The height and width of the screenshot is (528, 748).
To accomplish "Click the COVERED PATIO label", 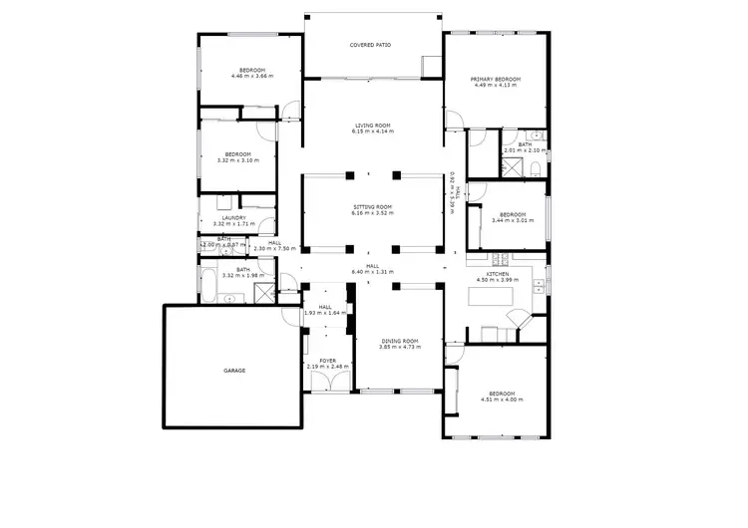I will (370, 46).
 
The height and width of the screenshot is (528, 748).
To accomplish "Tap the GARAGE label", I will (234, 371).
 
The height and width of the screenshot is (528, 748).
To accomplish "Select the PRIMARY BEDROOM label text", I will (495, 79).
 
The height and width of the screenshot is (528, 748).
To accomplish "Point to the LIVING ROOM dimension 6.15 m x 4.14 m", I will (371, 132).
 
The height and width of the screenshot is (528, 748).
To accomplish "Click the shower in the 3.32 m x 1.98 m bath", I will (265, 293).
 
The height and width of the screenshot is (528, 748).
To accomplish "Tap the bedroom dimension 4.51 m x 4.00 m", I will (501, 399).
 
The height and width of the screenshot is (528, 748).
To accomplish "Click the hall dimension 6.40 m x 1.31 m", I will (372, 271).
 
